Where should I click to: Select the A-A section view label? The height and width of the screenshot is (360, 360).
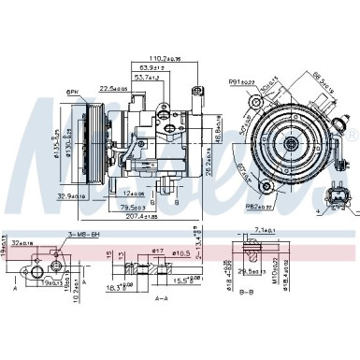pyautogui.click(x=161, y=298)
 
